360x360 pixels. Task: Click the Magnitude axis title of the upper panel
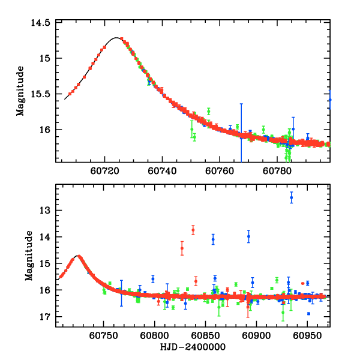coord(20,91)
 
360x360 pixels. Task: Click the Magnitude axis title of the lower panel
coord(29,256)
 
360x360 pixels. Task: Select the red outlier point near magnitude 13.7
coord(193,230)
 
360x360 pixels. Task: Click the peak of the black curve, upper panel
coord(116,38)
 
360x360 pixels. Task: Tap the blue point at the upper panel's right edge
coord(329,100)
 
